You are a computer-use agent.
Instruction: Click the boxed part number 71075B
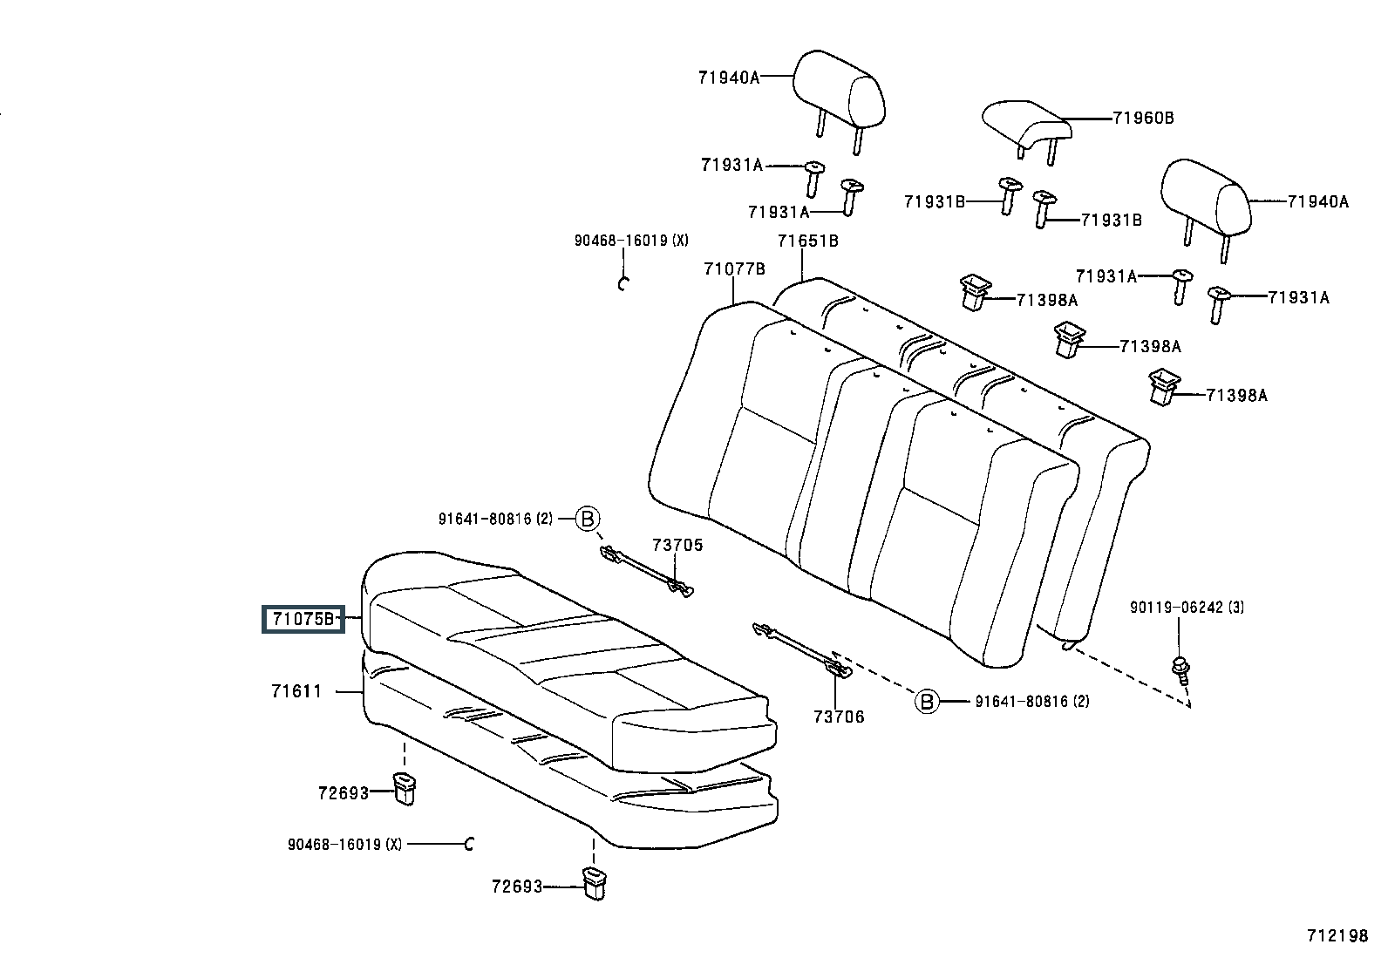303,618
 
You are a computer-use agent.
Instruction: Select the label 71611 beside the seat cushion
296,691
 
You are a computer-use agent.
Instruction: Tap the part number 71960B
1143,118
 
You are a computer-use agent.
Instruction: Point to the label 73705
677,545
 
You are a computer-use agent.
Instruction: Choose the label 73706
839,717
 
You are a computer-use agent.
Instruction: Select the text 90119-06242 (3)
1187,608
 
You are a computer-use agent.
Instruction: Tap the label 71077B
734,269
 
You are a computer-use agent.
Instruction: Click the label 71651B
808,241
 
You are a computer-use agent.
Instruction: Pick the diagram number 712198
1337,935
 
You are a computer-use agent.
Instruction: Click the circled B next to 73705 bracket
588,518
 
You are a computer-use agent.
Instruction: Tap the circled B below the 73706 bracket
927,702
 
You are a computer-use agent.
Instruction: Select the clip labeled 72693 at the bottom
595,884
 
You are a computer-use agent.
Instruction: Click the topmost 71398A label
1047,300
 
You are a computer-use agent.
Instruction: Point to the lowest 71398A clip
1161,387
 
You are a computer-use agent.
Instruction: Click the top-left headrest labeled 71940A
839,101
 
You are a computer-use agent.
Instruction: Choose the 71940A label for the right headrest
1318,201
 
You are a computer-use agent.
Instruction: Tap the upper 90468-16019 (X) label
631,241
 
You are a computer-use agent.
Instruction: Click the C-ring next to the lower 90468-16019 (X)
469,844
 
